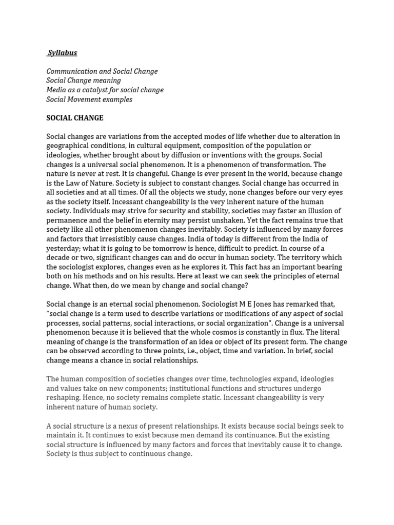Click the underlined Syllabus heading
pos(62,53)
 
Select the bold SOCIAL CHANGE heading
pos(75,118)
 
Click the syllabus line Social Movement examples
pos(89,99)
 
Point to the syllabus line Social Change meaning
pos(84,80)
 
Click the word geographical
pos(69,146)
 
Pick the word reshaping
pos(63,397)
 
